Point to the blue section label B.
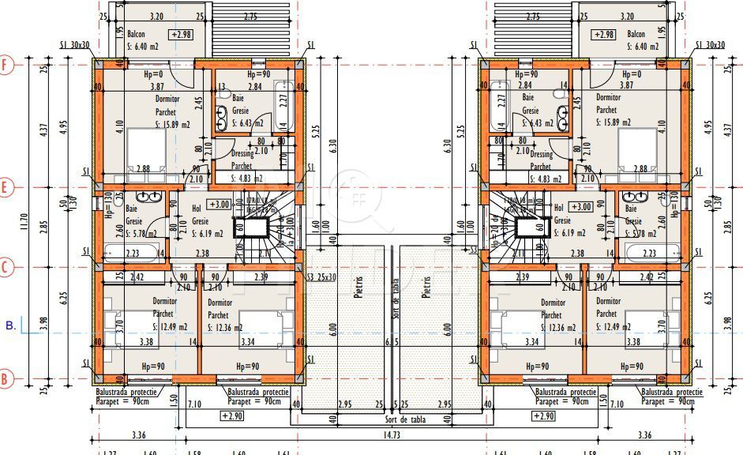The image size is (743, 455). tap(10, 325)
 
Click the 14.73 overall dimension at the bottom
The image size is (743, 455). tap(392, 434)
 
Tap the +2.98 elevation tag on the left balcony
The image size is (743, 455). tap(182, 35)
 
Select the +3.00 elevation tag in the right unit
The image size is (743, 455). tap(580, 207)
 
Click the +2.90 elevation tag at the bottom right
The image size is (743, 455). tap(543, 416)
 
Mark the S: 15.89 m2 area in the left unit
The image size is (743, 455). tap(172, 125)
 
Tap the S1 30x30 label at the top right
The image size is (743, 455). tap(709, 46)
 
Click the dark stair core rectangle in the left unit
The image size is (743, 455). tap(257, 227)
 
